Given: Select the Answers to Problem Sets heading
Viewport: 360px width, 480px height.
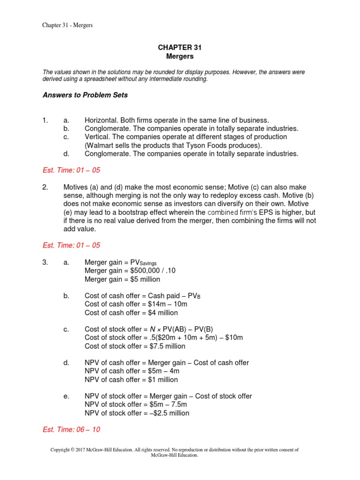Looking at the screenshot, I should coord(85,95).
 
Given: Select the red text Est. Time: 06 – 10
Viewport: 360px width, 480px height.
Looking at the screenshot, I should coord(71,429).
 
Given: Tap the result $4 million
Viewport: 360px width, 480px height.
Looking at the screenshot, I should coord(161,313).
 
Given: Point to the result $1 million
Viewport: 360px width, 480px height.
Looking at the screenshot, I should coord(161,380).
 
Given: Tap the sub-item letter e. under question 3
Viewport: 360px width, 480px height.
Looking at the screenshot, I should coord(66,397).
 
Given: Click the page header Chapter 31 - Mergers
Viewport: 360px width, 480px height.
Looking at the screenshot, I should coord(67,25).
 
